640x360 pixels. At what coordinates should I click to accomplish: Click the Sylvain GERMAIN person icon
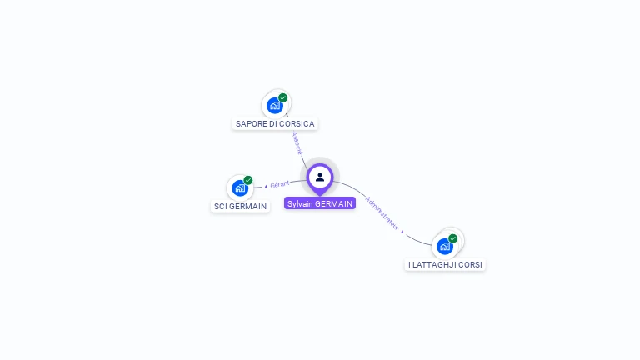coord(320,177)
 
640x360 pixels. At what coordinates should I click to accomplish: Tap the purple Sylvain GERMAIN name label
coord(320,203)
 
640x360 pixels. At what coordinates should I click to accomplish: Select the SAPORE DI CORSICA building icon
coord(274,105)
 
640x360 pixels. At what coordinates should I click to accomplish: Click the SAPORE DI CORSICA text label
coord(275,123)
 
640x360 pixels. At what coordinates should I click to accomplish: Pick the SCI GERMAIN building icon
coord(240,187)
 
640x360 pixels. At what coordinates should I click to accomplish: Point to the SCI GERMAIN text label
coord(241,206)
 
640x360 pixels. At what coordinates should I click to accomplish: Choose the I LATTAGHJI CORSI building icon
coord(445,246)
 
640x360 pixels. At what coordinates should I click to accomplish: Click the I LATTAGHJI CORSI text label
coord(445,264)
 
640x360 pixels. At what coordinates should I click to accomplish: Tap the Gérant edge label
coord(280,184)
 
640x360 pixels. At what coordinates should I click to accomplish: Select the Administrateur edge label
coord(382,212)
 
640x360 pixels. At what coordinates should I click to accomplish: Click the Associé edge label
coord(297,142)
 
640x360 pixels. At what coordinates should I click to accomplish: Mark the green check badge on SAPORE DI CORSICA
coord(283,97)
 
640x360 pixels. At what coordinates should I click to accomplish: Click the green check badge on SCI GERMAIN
coord(248,180)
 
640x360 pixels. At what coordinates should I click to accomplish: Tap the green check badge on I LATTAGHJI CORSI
coord(453,238)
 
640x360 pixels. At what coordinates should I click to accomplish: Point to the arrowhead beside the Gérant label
coord(266,186)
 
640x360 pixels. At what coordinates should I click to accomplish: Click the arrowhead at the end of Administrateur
coord(402,232)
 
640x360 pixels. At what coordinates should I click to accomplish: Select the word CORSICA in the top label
coord(297,123)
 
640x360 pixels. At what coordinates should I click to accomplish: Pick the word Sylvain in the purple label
coord(301,203)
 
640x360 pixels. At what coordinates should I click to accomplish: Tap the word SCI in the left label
coord(221,206)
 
